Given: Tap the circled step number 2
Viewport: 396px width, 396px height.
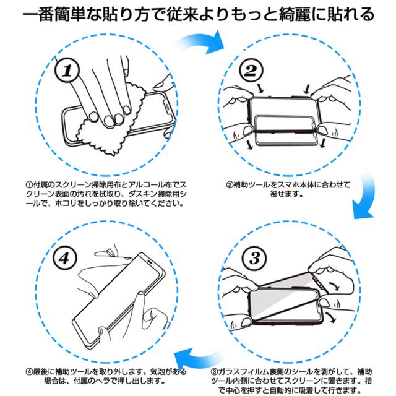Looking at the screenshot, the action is pyautogui.click(x=251, y=70).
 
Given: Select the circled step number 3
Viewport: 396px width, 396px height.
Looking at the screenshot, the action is pyautogui.click(x=254, y=258).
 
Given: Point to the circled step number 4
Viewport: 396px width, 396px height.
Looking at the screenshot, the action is pyautogui.click(x=64, y=258).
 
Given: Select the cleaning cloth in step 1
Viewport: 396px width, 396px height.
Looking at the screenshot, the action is pyautogui.click(x=111, y=119).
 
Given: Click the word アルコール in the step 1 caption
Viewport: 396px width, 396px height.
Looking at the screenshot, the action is pyautogui.click(x=147, y=185).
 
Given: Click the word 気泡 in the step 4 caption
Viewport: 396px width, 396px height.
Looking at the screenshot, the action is pyautogui.click(x=158, y=372).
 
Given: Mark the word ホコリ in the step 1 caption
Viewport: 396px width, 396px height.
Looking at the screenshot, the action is pyautogui.click(x=66, y=204).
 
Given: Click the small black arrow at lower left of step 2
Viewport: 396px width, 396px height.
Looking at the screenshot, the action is pyautogui.click(x=250, y=145).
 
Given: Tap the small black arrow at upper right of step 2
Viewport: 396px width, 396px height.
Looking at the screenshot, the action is pyautogui.click(x=307, y=89).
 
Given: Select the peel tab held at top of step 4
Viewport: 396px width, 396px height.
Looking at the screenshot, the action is pyautogui.click(x=106, y=252).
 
